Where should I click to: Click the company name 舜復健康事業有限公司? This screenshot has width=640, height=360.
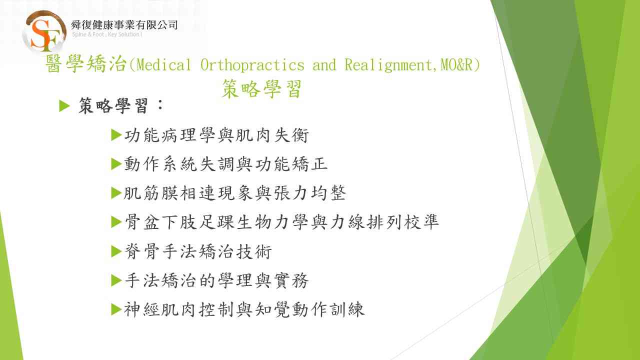[x=124, y=25]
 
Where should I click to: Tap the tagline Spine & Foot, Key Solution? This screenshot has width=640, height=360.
[x=107, y=34]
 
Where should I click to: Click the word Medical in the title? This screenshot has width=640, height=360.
[x=163, y=64]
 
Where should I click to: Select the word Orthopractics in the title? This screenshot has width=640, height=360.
[x=252, y=65]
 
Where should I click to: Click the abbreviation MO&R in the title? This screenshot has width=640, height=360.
[x=456, y=64]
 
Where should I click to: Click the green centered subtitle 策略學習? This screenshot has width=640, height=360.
[x=261, y=89]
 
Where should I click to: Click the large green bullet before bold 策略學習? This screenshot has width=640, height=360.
[x=64, y=106]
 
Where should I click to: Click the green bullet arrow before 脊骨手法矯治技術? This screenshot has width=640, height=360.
[x=116, y=251]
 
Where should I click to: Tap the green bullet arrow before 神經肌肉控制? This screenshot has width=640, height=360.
[x=116, y=309]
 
